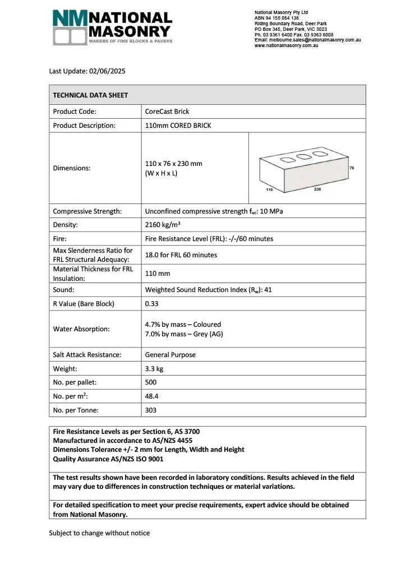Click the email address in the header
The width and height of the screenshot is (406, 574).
pos(307,40)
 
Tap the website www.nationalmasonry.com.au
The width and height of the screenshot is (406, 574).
pos(287,45)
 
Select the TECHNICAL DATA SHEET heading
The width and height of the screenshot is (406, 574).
pos(90,95)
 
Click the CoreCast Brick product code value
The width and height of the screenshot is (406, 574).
pos(167,112)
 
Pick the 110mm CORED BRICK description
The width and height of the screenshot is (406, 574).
pos(178,126)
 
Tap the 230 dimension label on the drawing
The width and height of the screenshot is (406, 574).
pos(317,189)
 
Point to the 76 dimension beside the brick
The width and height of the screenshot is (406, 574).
pos(351,168)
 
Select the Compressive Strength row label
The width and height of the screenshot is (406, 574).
pos(87,211)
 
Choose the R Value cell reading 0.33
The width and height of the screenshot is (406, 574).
pos(151,304)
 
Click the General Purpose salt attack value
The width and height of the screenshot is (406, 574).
pos(170,355)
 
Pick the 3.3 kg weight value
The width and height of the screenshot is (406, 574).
pos(154,369)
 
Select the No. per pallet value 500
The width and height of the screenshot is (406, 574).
pos(151,383)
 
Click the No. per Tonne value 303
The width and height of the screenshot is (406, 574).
pos(151,410)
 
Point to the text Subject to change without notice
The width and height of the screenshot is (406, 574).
pos(99,533)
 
